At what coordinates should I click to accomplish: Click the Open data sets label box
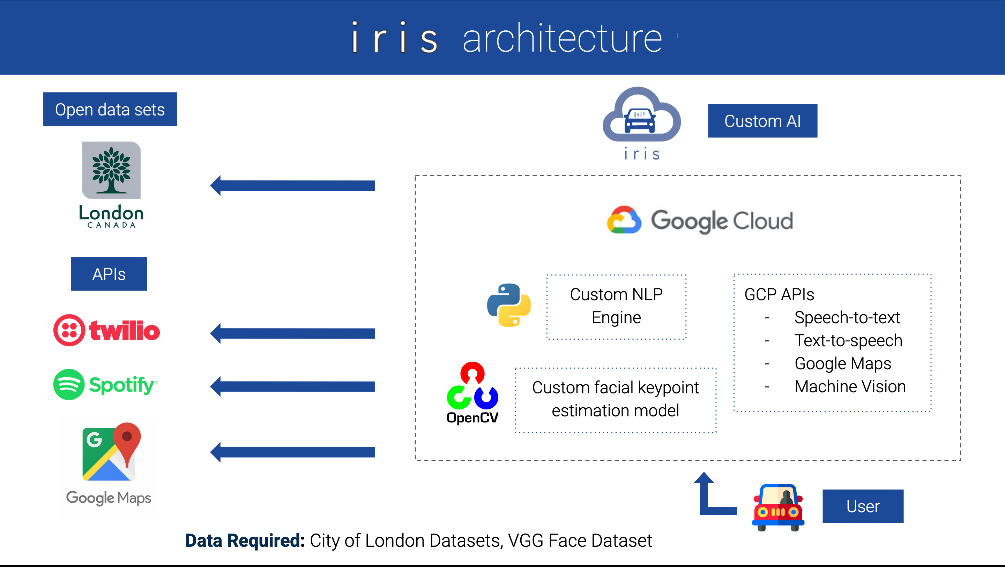pos(110,109)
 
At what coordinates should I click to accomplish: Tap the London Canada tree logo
pos(111,171)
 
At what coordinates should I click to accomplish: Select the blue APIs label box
pos(109,274)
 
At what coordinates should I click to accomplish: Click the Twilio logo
pos(106,330)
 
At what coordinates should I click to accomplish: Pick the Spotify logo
pos(105,385)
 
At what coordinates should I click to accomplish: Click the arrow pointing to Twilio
pos(293,333)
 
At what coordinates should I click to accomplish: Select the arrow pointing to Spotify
pos(293,386)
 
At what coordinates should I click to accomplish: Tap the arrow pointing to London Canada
pos(293,186)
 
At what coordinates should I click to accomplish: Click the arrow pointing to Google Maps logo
pos(293,452)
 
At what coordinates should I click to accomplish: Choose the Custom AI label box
pos(762,121)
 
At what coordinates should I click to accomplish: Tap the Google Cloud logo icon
pos(624,220)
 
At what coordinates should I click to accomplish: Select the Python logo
pos(509,305)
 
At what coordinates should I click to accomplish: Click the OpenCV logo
pos(472,392)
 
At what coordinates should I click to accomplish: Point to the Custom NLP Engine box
pos(616,307)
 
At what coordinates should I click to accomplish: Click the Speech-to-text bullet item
pos(847,317)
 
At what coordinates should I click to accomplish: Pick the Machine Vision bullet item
pos(850,386)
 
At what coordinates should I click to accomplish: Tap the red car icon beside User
pos(778,507)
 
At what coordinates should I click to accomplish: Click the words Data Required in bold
pos(245,540)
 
